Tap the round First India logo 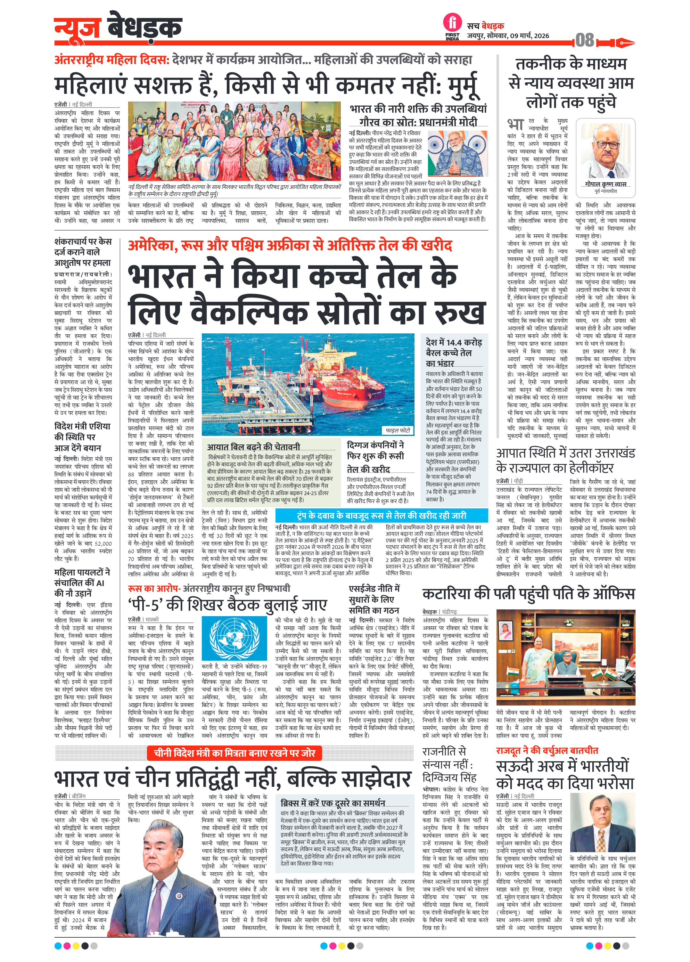click(452, 22)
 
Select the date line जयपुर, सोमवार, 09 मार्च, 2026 click(508, 36)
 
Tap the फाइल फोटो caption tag click(397, 430)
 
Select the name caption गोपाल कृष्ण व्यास click(605, 184)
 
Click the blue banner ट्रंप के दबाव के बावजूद click(381, 515)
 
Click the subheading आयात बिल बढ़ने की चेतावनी click(253, 447)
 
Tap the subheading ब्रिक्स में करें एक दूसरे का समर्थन click(333, 803)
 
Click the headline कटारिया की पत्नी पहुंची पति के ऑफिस click(528, 593)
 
